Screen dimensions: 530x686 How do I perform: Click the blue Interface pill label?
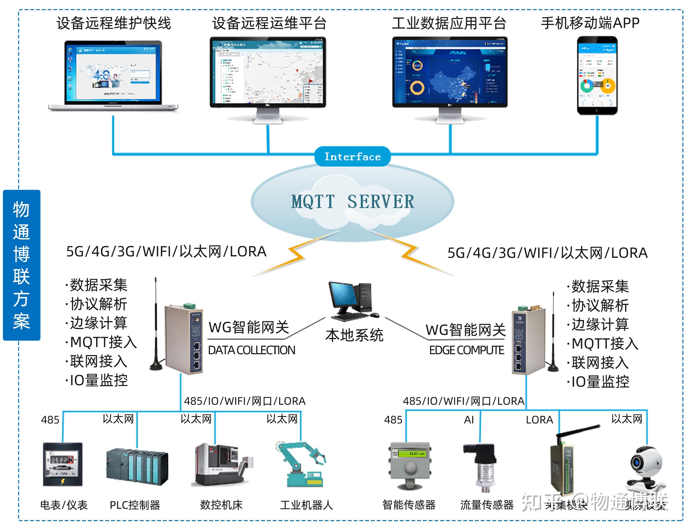(352, 156)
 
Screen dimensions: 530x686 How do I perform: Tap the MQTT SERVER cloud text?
(352, 201)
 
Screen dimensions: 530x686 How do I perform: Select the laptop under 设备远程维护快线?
(113, 75)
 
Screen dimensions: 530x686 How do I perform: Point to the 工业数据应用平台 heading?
(449, 23)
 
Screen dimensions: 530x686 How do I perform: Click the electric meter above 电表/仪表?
(63, 464)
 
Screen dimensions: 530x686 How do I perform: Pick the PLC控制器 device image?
(137, 467)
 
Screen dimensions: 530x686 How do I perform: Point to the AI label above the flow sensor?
(469, 420)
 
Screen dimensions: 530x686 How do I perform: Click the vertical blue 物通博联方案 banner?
(21, 265)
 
